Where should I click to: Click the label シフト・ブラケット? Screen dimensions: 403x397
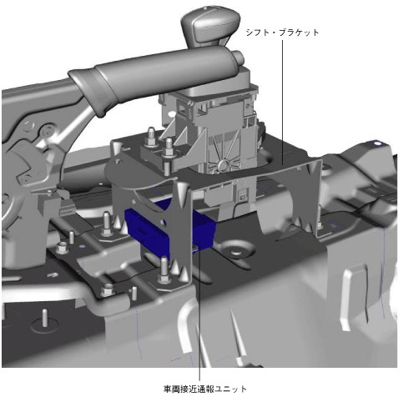pyautogui.click(x=282, y=33)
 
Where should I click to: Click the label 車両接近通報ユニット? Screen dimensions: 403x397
pyautogui.click(x=205, y=389)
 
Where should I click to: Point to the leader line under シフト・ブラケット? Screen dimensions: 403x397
pyautogui.click(x=283, y=103)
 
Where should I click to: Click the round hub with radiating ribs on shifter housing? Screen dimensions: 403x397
pyautogui.click(x=224, y=164)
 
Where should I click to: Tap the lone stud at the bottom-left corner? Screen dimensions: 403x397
pyautogui.click(x=44, y=319)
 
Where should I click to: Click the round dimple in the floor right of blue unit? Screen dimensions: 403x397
pyautogui.click(x=236, y=251)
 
